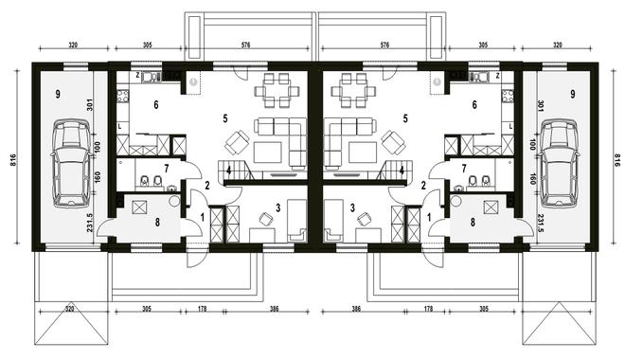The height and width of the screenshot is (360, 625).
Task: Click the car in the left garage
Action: point(71,164)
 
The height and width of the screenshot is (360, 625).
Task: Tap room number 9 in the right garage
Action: point(573,95)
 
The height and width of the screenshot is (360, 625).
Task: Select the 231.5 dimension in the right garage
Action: point(542,224)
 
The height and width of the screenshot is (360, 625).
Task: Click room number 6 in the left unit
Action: point(156,105)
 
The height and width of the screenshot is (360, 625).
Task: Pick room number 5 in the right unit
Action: point(405,118)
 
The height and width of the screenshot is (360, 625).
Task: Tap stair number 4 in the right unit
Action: point(402,171)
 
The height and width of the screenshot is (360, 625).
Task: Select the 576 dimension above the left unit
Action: point(246,45)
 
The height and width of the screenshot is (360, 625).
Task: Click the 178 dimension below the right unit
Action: point(428,308)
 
